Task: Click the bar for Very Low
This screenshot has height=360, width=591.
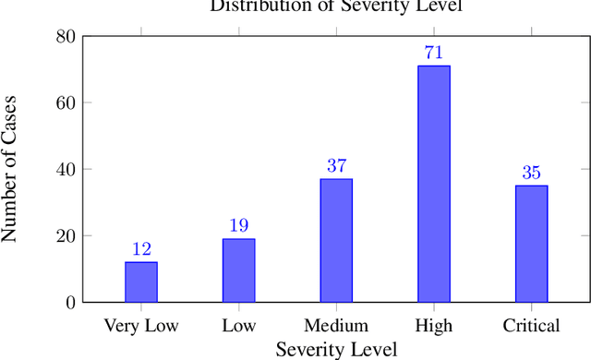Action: [141, 282]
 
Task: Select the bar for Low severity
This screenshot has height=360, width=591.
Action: [238, 270]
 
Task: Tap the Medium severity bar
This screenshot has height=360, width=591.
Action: [336, 240]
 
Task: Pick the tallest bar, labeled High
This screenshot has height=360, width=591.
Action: [434, 184]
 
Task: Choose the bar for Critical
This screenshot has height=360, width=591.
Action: [531, 244]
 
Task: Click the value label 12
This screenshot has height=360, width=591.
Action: [141, 249]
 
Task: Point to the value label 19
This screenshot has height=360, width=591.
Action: [238, 226]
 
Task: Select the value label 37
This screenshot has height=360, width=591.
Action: [336, 166]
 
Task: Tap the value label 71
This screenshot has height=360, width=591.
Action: [434, 53]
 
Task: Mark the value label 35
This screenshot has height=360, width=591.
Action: [531, 173]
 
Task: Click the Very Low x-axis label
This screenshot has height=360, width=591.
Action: [141, 326]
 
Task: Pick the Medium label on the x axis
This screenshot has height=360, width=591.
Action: [336, 326]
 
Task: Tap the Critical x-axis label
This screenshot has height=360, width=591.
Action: [531, 326]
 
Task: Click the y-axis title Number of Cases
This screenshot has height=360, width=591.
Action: [12, 170]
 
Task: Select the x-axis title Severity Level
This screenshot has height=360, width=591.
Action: [336, 349]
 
